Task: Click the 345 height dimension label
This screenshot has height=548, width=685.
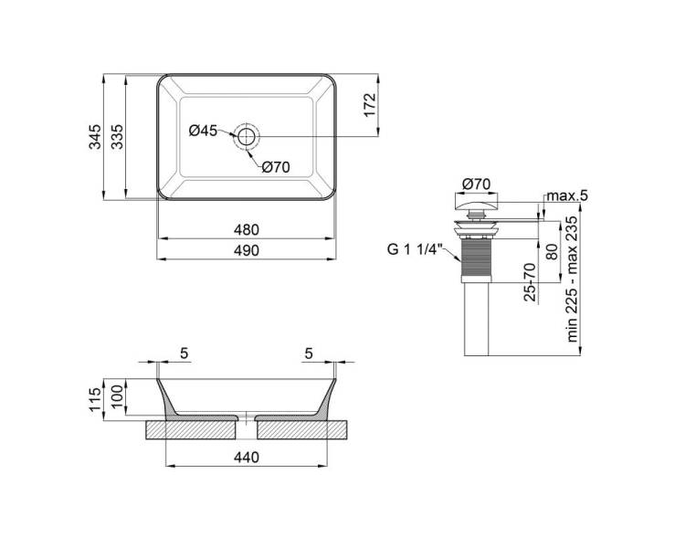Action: pos(95,137)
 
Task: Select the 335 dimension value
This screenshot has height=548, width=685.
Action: pos(117,137)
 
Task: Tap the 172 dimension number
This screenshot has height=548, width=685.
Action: pos(370,105)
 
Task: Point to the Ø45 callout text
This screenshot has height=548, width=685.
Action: pos(203,130)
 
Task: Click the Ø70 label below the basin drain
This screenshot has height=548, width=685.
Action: pos(276,166)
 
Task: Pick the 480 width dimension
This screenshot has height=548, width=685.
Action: pos(247,229)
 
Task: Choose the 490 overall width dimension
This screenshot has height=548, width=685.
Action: pos(247,250)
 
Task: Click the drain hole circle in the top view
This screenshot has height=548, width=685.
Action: pos(247,136)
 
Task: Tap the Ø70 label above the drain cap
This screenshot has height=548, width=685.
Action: pos(476,184)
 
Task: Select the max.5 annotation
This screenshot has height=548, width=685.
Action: pos(567,195)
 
